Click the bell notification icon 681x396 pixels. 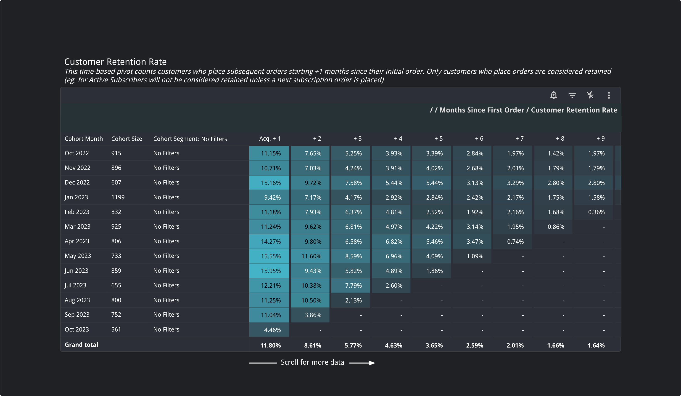[x=553, y=95]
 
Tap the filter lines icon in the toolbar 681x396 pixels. [x=572, y=95]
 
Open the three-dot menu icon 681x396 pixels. [x=609, y=95]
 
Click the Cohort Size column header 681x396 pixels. [x=127, y=139]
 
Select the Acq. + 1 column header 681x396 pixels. [x=270, y=139]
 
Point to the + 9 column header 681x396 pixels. [x=600, y=139]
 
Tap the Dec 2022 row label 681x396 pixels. [x=77, y=183]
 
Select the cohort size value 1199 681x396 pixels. [x=118, y=197]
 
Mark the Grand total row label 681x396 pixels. [x=81, y=345]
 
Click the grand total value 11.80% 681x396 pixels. [x=270, y=345]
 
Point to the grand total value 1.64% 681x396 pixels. [x=596, y=345]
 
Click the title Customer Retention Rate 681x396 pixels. [x=115, y=62]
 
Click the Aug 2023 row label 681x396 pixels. [x=77, y=300]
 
